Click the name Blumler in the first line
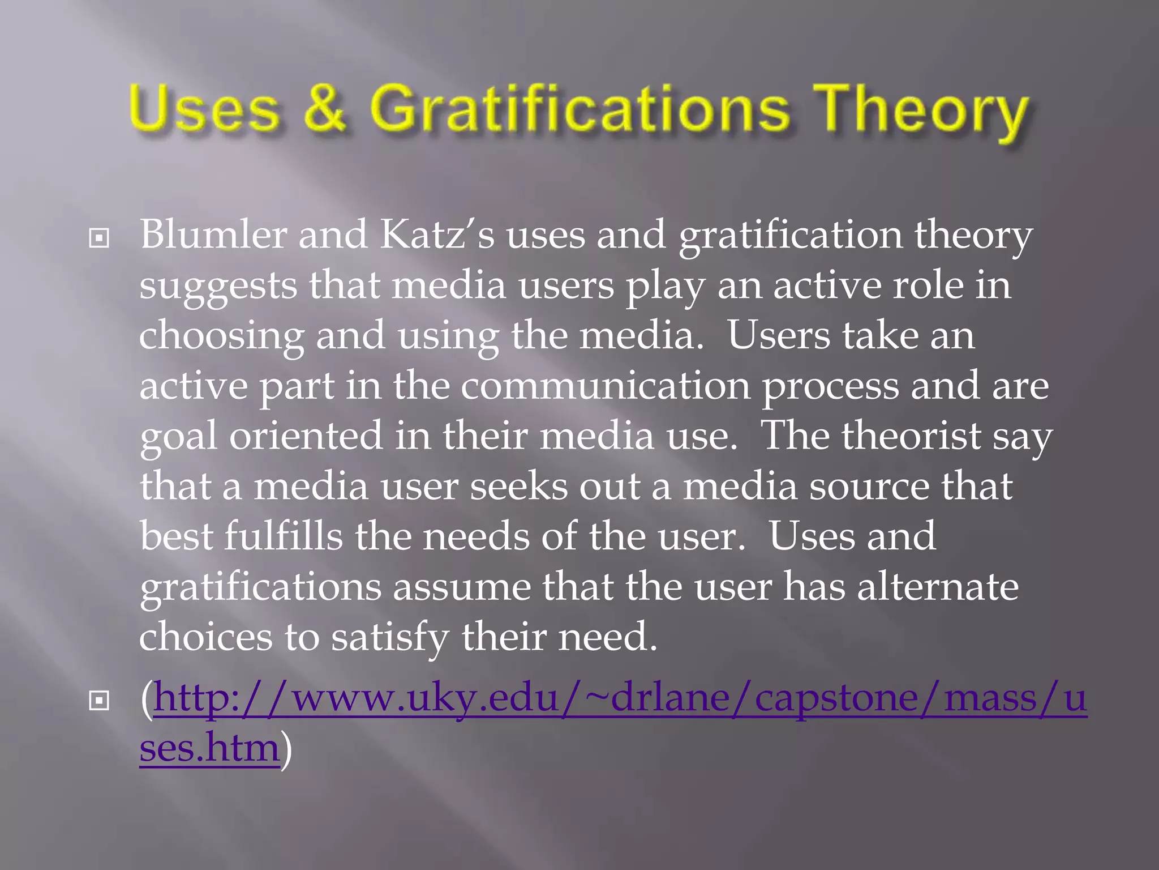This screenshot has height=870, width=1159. pyautogui.click(x=213, y=234)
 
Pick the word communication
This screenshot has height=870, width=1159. pyautogui.click(x=605, y=386)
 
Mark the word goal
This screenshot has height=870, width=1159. pyautogui.click(x=178, y=437)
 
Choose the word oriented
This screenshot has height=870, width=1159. pyautogui.click(x=306, y=436)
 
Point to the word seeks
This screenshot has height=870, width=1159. pyautogui.click(x=518, y=487)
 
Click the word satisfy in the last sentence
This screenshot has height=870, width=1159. pyautogui.click(x=390, y=637)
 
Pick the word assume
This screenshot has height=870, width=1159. pyautogui.click(x=462, y=587)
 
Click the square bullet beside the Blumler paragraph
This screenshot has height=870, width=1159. pyautogui.click(x=99, y=238)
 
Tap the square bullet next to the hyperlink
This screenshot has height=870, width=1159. pyautogui.click(x=99, y=701)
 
